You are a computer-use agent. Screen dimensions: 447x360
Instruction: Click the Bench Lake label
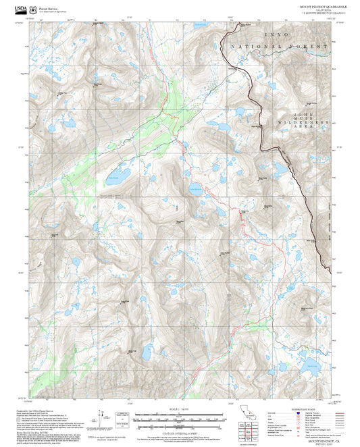(x=113, y=177)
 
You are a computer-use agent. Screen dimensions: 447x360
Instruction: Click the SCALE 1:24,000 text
(x=180, y=409)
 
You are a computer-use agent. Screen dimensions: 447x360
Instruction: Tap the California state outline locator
(x=248, y=413)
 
